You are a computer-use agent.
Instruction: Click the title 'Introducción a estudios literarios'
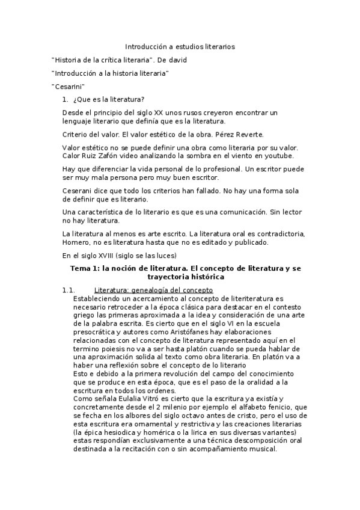(180, 46)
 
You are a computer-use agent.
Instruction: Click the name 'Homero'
(75, 242)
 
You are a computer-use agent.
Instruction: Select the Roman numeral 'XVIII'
(106, 256)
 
